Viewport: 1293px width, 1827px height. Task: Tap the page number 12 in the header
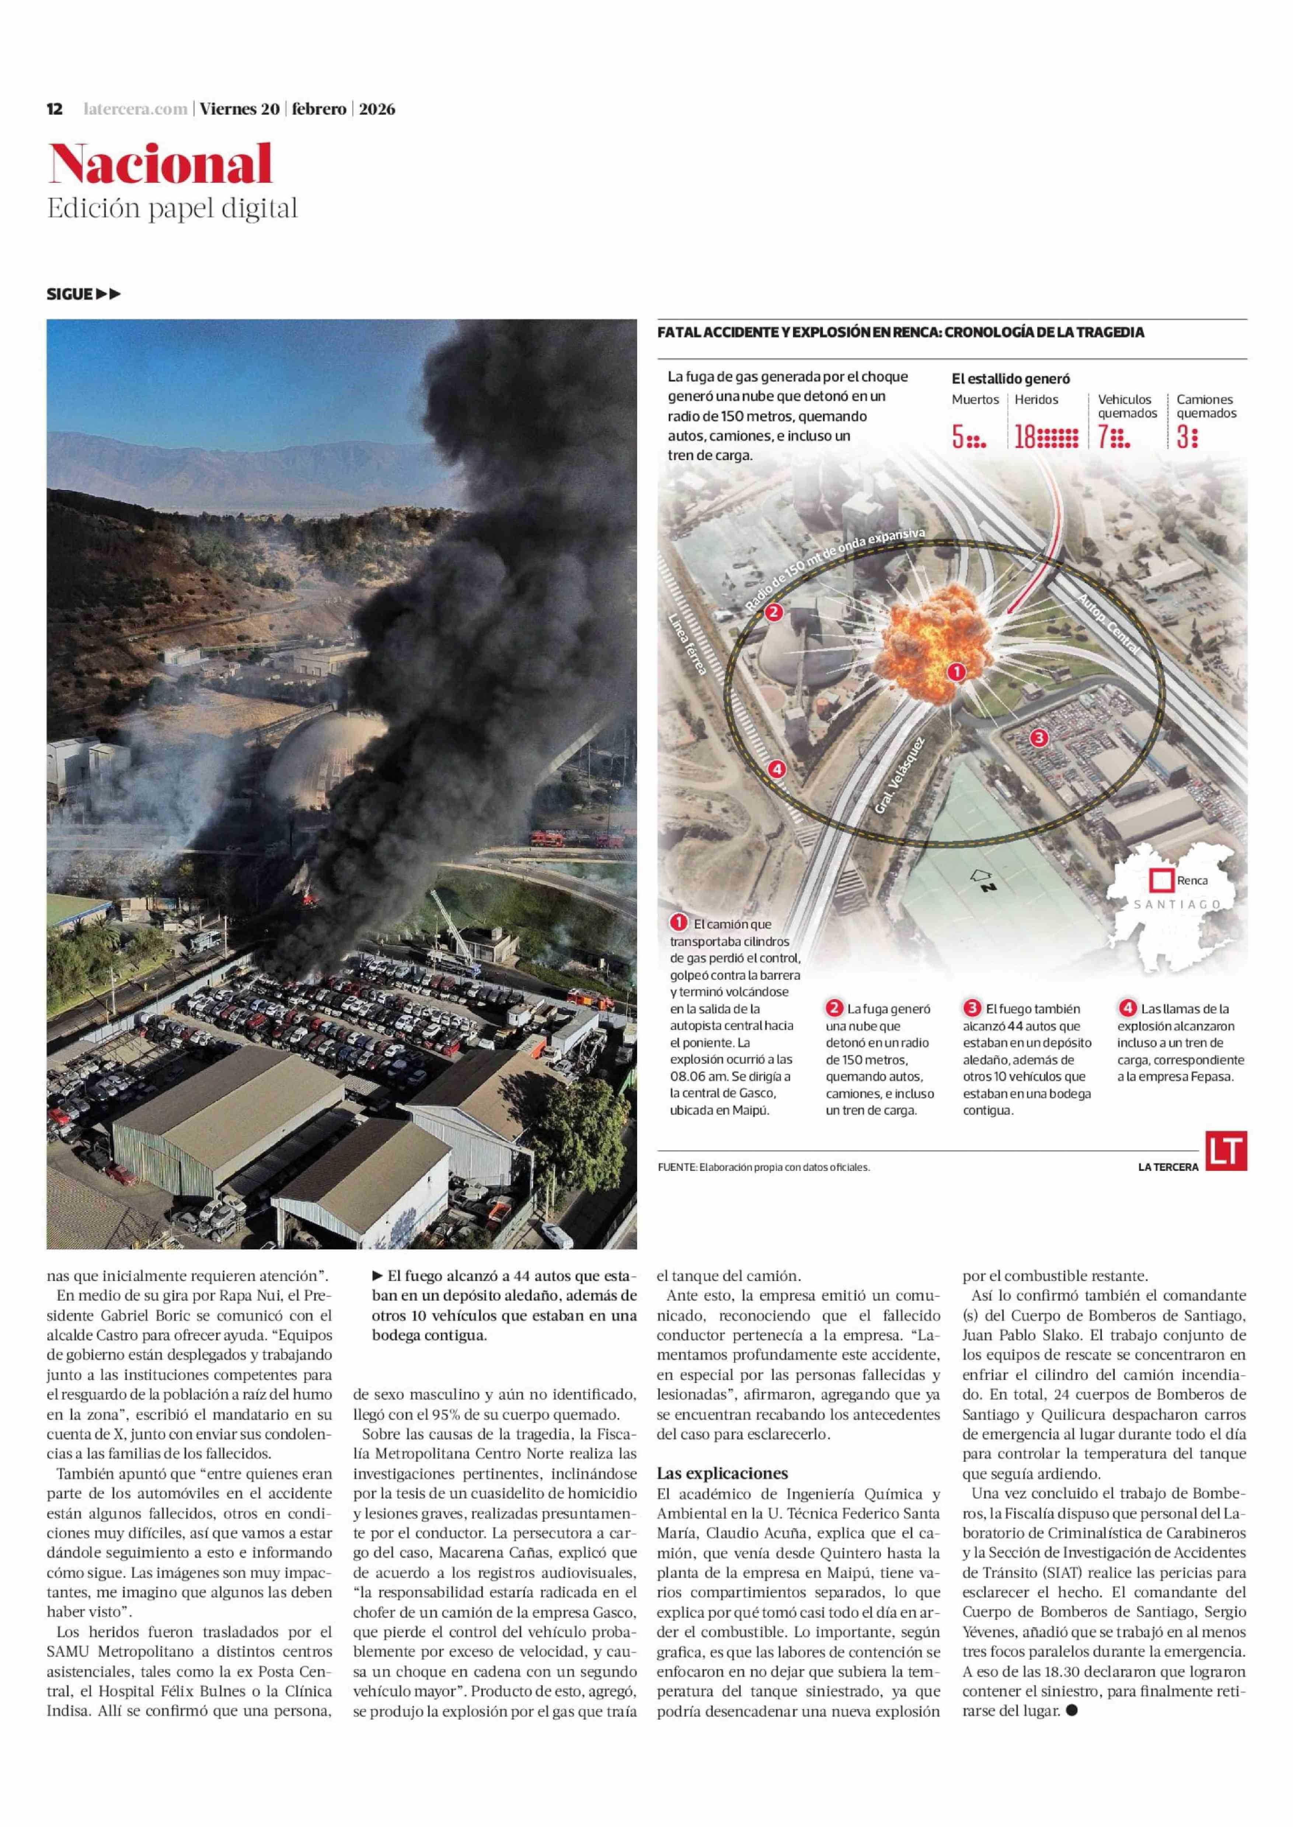point(55,109)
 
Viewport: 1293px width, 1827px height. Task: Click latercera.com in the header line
point(135,109)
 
